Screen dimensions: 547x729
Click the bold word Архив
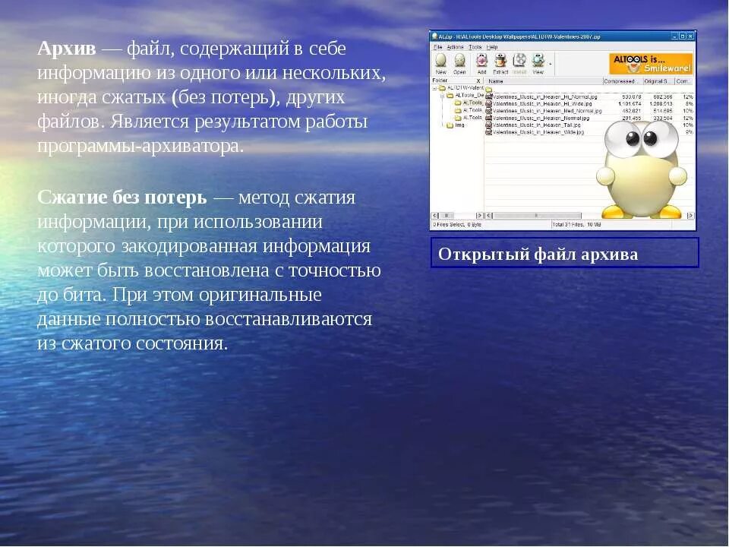point(67,49)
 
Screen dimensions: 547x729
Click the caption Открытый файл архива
point(538,255)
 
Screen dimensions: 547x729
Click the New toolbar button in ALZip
point(440,63)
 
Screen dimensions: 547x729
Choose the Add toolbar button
point(481,63)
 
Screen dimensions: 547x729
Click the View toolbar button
point(538,63)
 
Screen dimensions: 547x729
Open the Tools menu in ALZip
point(475,47)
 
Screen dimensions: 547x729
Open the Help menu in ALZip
point(492,47)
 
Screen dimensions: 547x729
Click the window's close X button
point(690,36)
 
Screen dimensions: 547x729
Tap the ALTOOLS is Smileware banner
point(651,63)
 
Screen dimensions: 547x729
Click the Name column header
point(497,81)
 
